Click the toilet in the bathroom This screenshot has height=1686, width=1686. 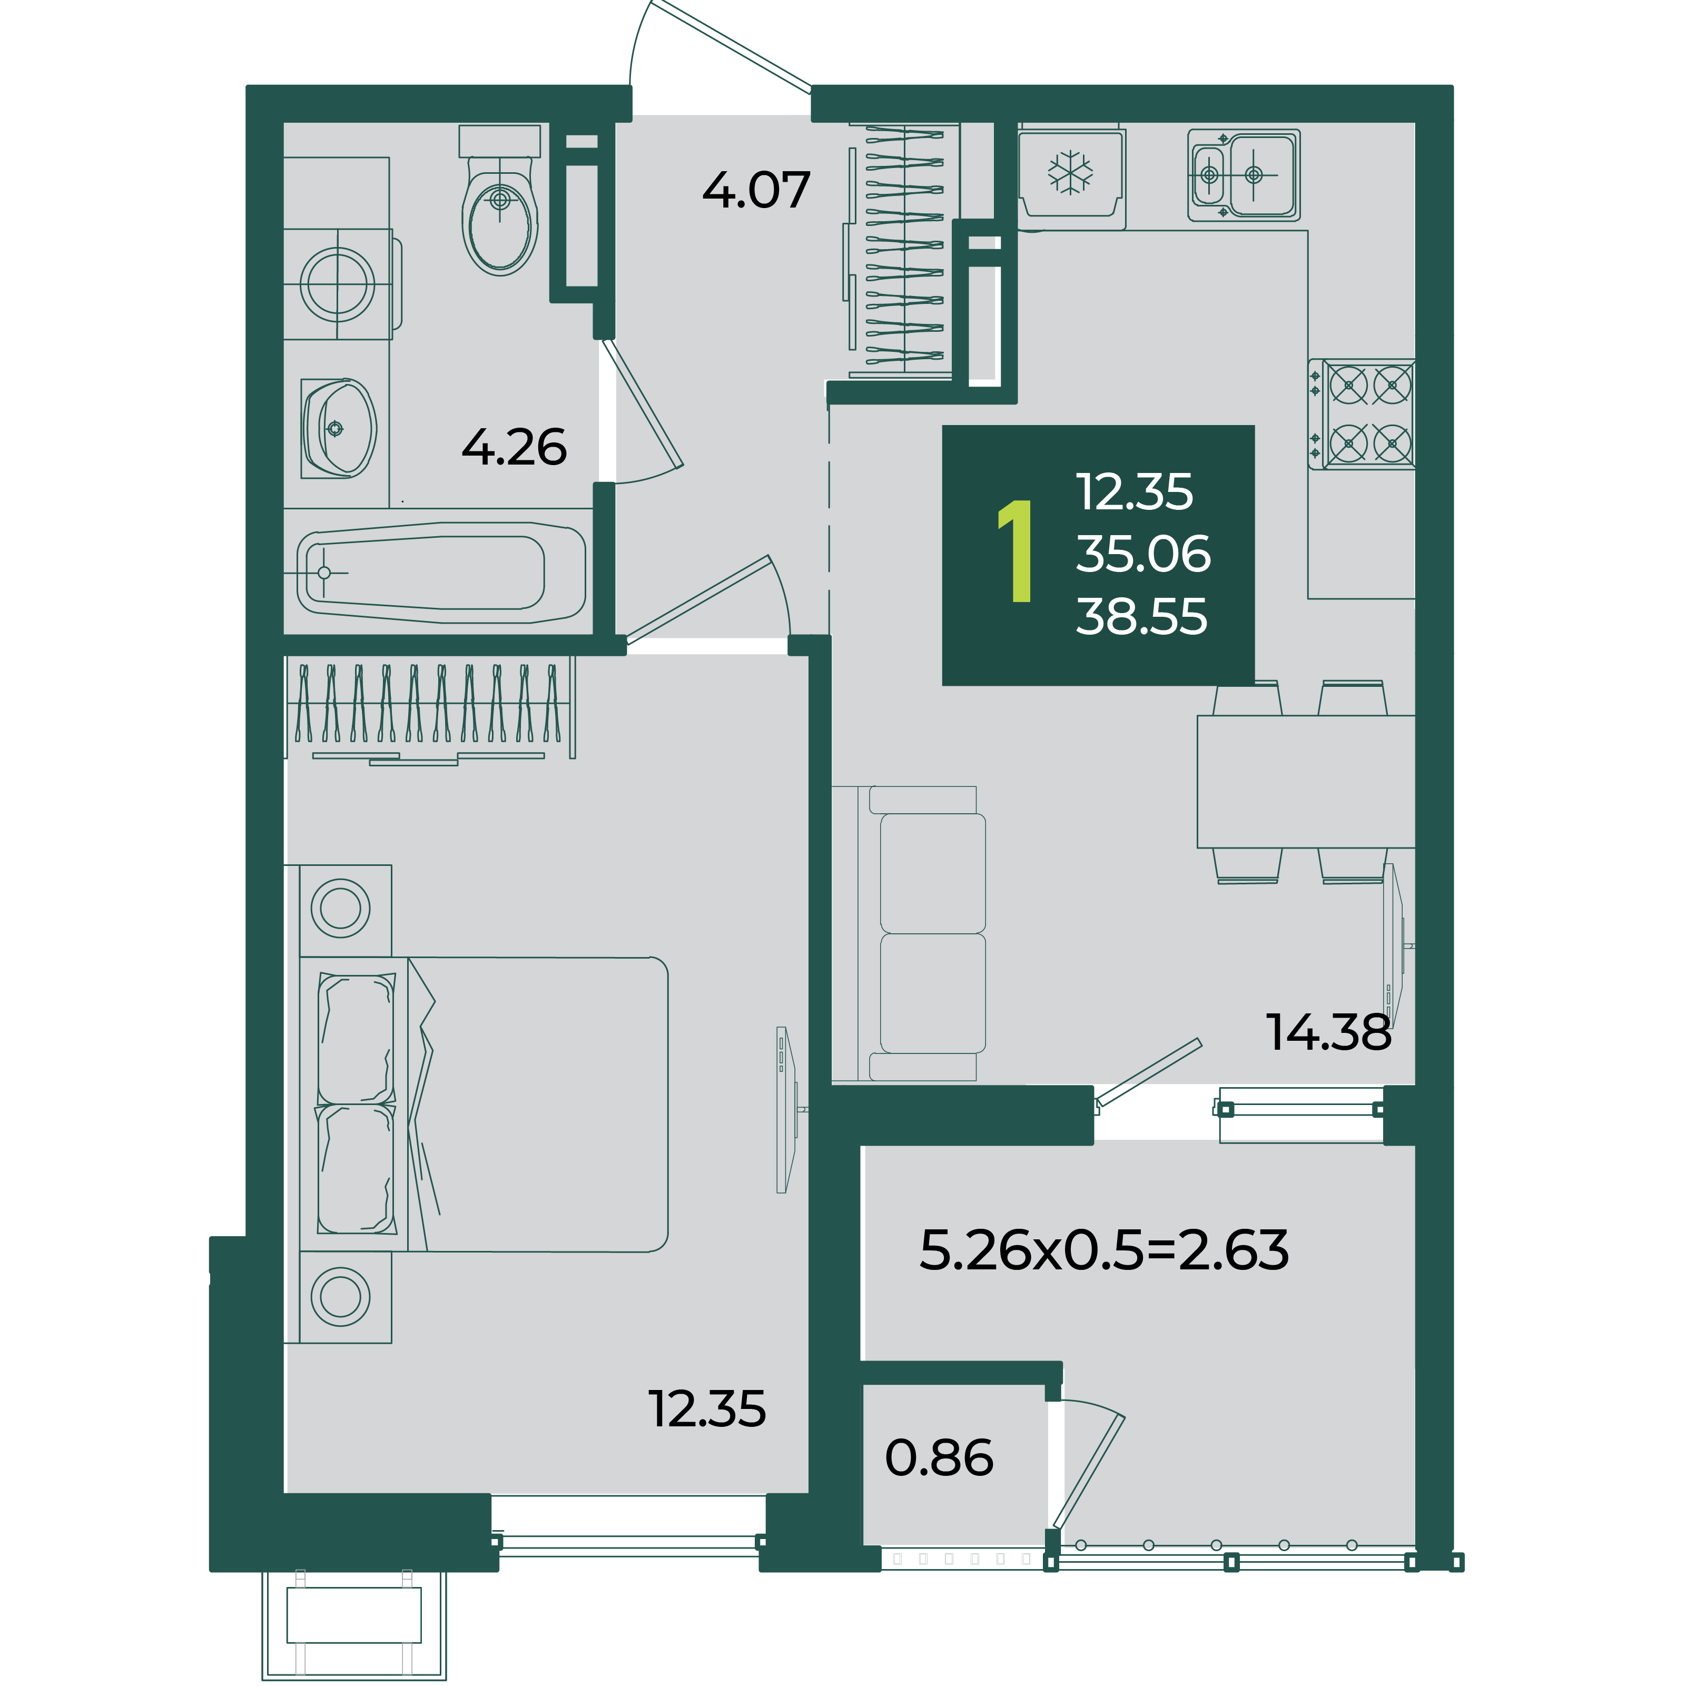pyautogui.click(x=499, y=201)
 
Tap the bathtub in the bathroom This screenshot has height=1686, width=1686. pyautogui.click(x=441, y=573)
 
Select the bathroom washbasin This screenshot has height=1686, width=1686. pyautogui.click(x=339, y=429)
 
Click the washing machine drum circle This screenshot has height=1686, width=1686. pyautogui.click(x=338, y=284)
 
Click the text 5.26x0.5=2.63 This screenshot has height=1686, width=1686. pyautogui.click(x=1104, y=1250)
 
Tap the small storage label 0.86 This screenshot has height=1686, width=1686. pyautogui.click(x=939, y=1457)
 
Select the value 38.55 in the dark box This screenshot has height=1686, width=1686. pyautogui.click(x=1141, y=616)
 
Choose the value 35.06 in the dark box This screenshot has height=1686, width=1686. pyautogui.click(x=1143, y=554)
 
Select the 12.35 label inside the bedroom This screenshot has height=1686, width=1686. pyautogui.click(x=707, y=1409)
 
